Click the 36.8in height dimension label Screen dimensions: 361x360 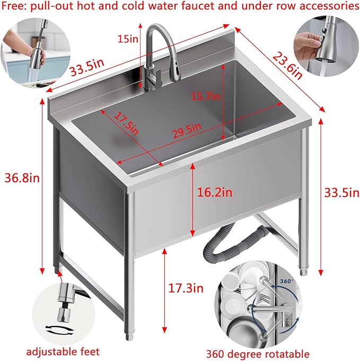[20, 178]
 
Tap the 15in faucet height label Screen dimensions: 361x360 [128, 38]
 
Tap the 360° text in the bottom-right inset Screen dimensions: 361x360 [286, 280]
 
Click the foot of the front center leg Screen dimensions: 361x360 [129, 336]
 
